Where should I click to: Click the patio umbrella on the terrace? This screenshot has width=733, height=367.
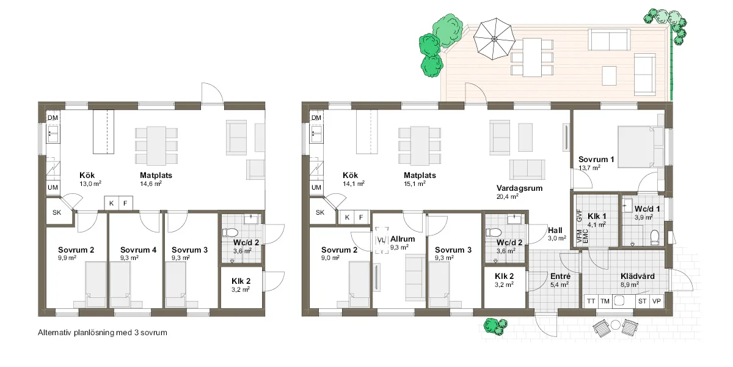pyautogui.click(x=494, y=39)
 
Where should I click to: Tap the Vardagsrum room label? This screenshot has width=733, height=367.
pyautogui.click(x=519, y=188)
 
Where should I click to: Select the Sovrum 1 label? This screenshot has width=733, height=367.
pyautogui.click(x=596, y=160)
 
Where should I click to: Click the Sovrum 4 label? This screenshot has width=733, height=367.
pyautogui.click(x=138, y=250)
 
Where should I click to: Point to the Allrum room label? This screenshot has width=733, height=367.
pyautogui.click(x=403, y=239)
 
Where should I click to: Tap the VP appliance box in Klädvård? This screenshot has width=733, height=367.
pyautogui.click(x=657, y=301)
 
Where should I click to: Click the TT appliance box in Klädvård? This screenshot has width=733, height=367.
pyautogui.click(x=591, y=301)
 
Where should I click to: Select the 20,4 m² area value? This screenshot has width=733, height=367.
pyautogui.click(x=507, y=196)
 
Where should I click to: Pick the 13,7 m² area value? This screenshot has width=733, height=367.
pyautogui.click(x=589, y=168)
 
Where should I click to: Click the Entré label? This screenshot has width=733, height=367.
pyautogui.click(x=560, y=276)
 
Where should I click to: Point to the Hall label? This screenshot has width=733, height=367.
pyautogui.click(x=555, y=231)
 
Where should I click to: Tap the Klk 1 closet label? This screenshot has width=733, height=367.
pyautogui.click(x=597, y=217)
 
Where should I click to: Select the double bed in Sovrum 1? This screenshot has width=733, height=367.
pyautogui.click(x=641, y=147)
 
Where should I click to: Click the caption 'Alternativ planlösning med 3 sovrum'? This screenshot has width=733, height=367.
pyautogui.click(x=103, y=333)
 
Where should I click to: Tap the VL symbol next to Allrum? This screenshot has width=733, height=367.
pyautogui.click(x=382, y=240)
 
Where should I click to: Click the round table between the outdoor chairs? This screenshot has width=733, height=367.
pyautogui.click(x=616, y=325)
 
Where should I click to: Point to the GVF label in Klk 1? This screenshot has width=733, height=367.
pyautogui.click(x=579, y=216)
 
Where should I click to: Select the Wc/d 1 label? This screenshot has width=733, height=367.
pyautogui.click(x=647, y=209)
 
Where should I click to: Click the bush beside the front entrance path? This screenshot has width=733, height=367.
pyautogui.click(x=495, y=327)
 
